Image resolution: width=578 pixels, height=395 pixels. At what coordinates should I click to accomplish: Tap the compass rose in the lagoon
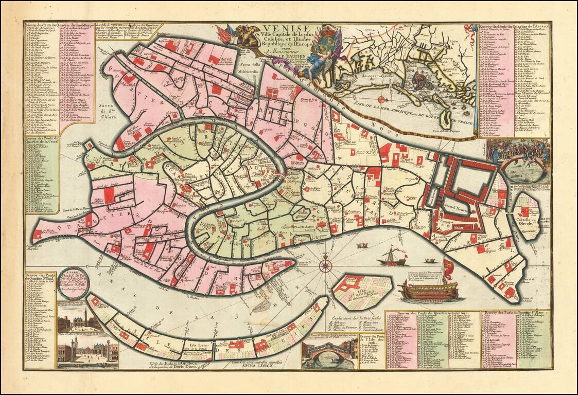point(325,265)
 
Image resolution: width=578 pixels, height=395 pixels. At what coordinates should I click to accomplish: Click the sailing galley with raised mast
point(391,257)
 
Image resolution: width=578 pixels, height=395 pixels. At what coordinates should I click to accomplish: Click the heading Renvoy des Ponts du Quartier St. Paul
point(40,277)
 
